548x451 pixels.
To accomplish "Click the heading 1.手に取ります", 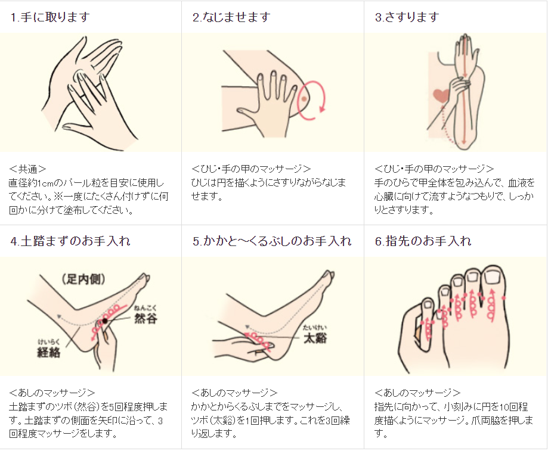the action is (x=50, y=17).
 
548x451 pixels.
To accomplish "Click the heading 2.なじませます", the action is (x=231, y=17).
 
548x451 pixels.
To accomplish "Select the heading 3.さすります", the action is (x=407, y=17).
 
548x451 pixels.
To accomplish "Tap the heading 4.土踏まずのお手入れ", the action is (x=70, y=241).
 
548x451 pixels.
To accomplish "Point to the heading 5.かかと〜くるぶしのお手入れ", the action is (x=272, y=241).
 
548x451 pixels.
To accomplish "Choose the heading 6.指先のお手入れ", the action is (x=423, y=241).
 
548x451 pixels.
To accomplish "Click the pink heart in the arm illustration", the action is (x=441, y=95).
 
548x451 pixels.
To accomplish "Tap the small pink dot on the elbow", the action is (x=304, y=99).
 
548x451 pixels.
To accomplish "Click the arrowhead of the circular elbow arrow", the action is (x=322, y=109).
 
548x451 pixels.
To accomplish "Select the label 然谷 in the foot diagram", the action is (x=145, y=318).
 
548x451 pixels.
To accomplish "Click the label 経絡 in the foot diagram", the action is (x=48, y=352).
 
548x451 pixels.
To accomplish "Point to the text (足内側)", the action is (x=83, y=279).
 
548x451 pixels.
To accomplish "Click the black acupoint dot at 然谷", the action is (x=105, y=321).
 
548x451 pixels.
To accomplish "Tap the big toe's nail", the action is (x=493, y=277).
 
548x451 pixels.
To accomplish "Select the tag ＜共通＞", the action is (x=27, y=169).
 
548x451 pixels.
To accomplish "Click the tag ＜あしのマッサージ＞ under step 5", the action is (x=234, y=393).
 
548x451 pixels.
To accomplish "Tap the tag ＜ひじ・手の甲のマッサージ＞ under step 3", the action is (x=434, y=169).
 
